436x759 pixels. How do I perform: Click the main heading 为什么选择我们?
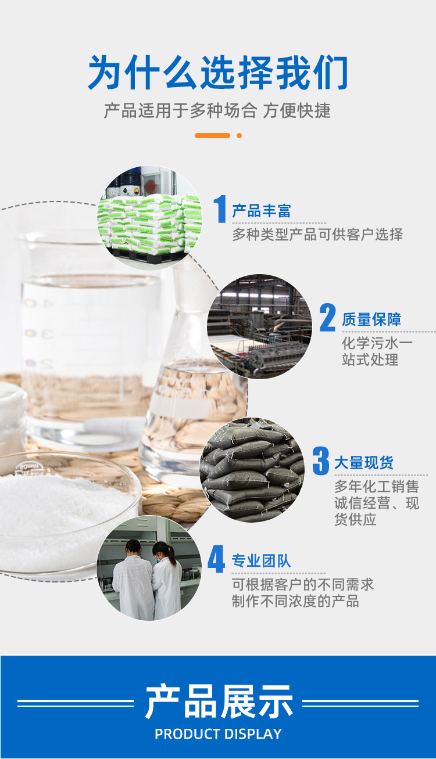click(x=218, y=73)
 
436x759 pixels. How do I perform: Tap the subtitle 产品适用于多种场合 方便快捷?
click(x=217, y=110)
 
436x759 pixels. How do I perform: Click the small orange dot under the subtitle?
click(x=239, y=135)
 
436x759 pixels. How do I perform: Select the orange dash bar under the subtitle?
click(x=212, y=135)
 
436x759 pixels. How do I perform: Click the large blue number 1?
click(x=220, y=208)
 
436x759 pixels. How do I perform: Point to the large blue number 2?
click(x=327, y=318)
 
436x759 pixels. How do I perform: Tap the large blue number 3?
click(x=321, y=461)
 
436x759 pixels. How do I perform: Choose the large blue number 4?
click(x=216, y=559)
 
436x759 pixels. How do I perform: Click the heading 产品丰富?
click(x=261, y=211)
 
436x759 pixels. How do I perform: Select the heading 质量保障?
click(x=371, y=319)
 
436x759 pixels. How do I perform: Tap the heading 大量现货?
click(x=364, y=462)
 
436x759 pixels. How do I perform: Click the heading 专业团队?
click(x=261, y=561)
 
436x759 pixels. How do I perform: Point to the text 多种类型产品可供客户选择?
click(x=317, y=235)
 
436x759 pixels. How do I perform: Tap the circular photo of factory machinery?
click(x=259, y=326)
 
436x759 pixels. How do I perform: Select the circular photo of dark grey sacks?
click(x=251, y=470)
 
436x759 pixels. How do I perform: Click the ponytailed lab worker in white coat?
click(x=167, y=580)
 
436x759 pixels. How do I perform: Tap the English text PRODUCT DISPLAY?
click(x=218, y=734)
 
